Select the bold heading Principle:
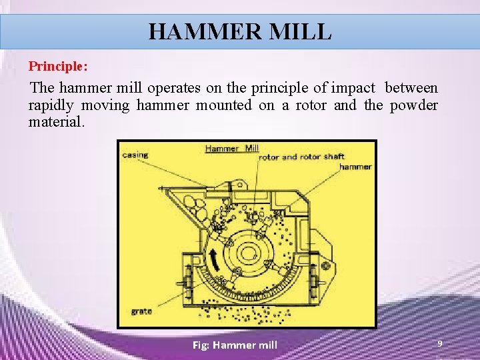pos(58,67)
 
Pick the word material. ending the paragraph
pos(57,122)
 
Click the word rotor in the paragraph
pos(301,105)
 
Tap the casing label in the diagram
pos(135,155)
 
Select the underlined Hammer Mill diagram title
pos(231,148)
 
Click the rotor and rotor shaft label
pos(302,157)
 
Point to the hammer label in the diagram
pos(355,167)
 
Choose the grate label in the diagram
pos(141,311)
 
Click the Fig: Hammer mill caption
pos(235,345)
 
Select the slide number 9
pos(439,343)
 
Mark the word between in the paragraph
pos(411,87)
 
